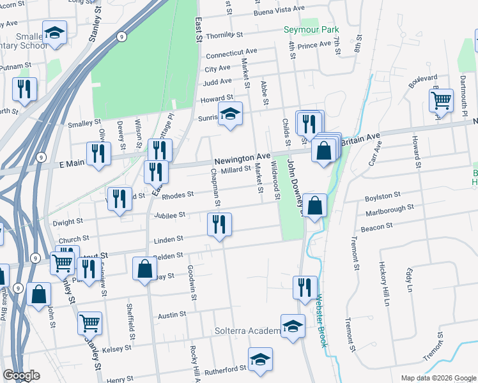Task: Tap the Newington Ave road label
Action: click(x=242, y=157)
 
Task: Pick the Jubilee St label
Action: click(x=169, y=215)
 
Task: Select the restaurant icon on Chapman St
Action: click(x=219, y=224)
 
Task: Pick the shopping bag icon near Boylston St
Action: click(x=314, y=206)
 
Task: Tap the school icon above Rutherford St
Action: click(x=260, y=359)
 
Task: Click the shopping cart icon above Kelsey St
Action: click(x=89, y=323)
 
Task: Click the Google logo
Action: click(x=21, y=375)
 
